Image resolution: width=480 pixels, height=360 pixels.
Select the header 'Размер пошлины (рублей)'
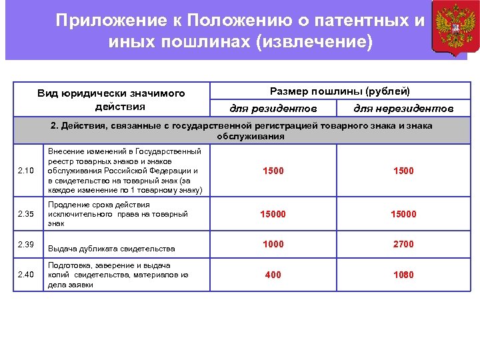339,91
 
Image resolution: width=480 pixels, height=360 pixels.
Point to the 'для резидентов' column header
273,108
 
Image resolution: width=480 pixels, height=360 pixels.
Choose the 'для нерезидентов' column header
403,108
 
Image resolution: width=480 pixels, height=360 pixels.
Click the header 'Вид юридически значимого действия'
111,100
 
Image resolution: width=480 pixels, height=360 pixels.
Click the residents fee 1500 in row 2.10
273,171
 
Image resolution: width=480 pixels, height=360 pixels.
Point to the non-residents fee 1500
403,171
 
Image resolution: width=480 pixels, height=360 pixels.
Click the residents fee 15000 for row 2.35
273,214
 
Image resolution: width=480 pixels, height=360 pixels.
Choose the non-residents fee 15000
403,214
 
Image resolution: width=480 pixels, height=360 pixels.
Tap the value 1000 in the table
273,244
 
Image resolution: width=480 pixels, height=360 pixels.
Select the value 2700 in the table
403,244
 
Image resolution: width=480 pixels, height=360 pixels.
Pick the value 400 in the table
273,275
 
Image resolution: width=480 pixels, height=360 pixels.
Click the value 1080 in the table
403,275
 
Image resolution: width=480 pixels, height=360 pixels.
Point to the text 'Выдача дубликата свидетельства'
111,249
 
